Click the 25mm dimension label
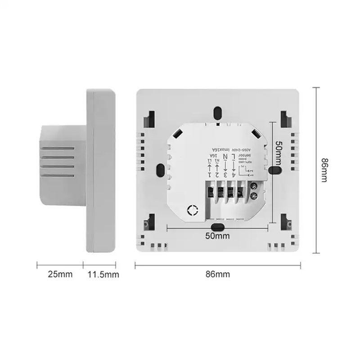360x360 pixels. pyautogui.click(x=59, y=274)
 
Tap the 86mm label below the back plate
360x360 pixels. pyautogui.click(x=218, y=274)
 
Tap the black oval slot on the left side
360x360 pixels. pyautogui.click(x=160, y=170)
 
